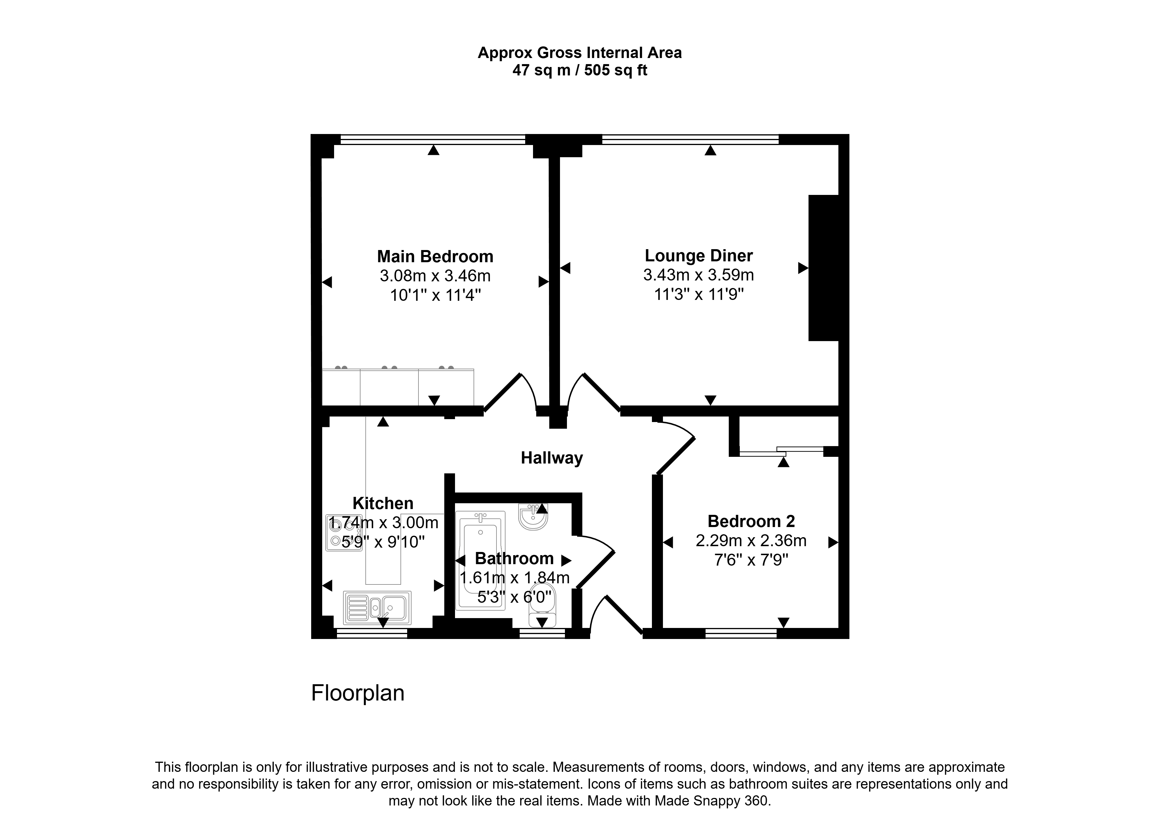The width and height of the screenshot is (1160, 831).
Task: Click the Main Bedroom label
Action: point(435,256)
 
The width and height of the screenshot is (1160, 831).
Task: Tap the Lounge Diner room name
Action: point(699,255)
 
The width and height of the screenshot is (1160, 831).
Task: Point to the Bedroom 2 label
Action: point(751,522)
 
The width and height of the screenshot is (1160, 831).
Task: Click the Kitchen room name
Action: point(383,503)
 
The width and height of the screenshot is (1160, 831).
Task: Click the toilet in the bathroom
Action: point(542,604)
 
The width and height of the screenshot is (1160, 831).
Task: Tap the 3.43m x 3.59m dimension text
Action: point(699,275)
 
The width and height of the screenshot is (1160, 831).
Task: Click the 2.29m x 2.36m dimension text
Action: point(751,541)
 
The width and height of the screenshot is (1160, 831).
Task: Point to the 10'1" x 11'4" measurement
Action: point(435,295)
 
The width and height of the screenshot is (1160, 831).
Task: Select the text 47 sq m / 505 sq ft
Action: point(580,70)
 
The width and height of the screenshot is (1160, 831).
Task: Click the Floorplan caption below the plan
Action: point(358,693)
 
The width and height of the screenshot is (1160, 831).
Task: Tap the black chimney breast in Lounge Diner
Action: point(824,268)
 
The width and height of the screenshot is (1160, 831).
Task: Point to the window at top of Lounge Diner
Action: point(690,139)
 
